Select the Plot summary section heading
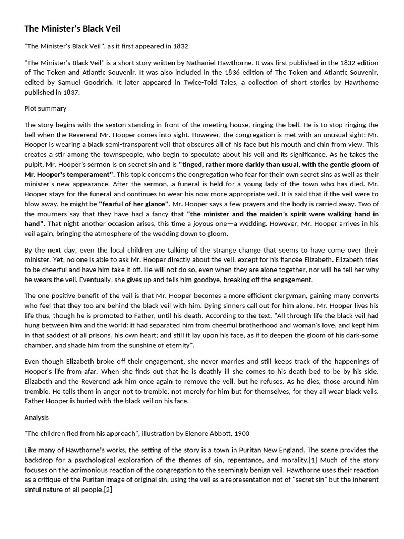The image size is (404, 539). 45,108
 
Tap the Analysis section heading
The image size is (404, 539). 36,417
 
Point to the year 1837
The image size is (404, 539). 70,92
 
